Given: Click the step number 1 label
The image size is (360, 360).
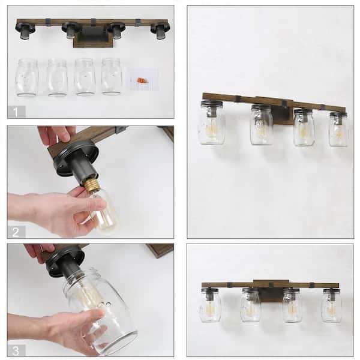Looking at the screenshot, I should (16, 111).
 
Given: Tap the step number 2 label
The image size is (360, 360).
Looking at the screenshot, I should (16, 231).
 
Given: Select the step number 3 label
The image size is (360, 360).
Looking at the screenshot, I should (16, 349).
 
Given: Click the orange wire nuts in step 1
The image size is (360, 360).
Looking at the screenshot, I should (142, 79).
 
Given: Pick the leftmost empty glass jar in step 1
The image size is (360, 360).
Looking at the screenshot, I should (28, 77).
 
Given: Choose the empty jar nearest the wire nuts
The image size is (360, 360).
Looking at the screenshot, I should (112, 76).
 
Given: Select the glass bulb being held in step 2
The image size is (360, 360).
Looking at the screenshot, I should (103, 210).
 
